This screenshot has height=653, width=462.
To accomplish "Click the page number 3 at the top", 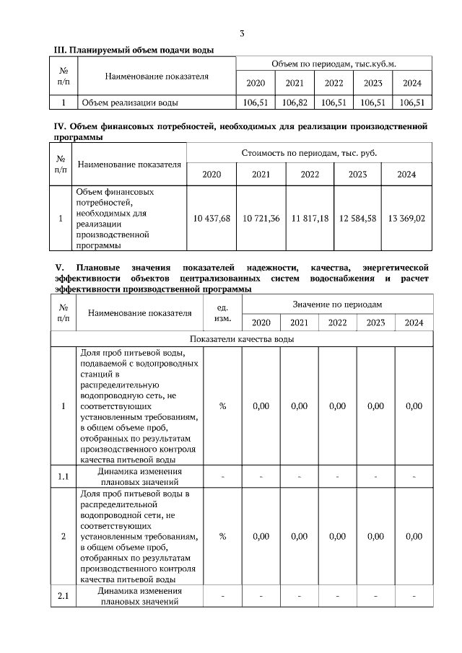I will [x=242, y=34].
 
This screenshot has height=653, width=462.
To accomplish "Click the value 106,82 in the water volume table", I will [x=295, y=103].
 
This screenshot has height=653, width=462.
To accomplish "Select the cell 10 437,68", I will [x=212, y=218].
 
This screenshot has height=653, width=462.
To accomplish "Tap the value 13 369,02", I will [x=407, y=218].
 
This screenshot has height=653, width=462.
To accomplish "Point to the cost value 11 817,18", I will [x=310, y=218].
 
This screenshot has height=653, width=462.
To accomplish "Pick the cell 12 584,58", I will [x=358, y=218].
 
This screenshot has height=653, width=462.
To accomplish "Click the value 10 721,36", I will [x=261, y=218].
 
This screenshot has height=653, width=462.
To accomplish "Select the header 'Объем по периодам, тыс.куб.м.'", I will [x=334, y=65].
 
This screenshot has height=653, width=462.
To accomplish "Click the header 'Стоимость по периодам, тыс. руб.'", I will [x=309, y=153].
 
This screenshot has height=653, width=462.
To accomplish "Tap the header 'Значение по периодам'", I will [x=337, y=304].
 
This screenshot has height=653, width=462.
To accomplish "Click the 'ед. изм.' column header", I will [x=223, y=313].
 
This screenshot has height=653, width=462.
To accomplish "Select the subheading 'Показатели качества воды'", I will [x=241, y=339].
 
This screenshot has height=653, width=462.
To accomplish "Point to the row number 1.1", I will [x=64, y=476].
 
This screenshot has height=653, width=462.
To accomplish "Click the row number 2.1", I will [x=64, y=597].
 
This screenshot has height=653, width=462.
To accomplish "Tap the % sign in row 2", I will [x=223, y=537].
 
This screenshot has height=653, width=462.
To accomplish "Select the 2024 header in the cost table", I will [x=407, y=175].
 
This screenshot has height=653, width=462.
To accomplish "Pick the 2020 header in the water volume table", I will [x=256, y=83].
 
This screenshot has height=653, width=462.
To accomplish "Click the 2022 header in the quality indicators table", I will [x=337, y=323].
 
